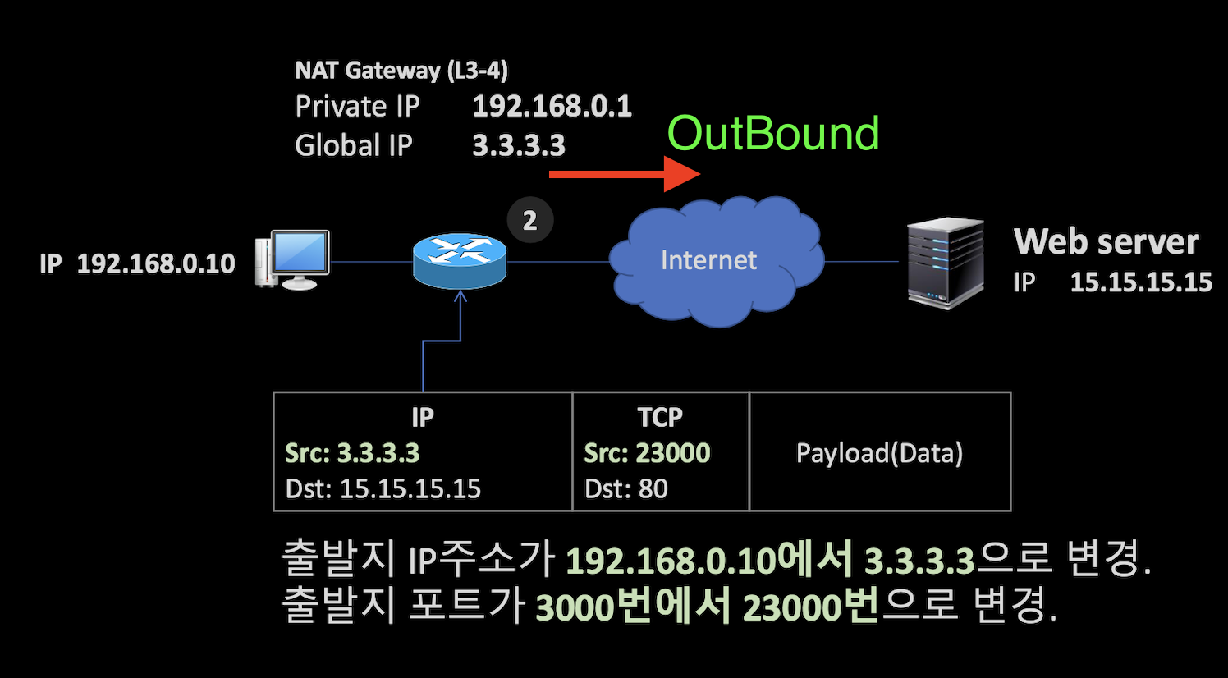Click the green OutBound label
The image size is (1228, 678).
coord(772,133)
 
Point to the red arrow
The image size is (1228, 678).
coord(624,174)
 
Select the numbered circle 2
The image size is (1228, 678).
coord(529,220)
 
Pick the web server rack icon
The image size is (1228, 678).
coord(945,263)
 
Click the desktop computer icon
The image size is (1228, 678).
coord(293,259)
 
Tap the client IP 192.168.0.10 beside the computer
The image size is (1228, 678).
coord(156,263)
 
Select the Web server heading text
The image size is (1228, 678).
coord(1106,241)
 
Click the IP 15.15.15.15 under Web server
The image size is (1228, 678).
coord(1140,282)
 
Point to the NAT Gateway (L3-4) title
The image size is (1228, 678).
coord(401,71)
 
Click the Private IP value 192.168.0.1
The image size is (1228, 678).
coord(552,106)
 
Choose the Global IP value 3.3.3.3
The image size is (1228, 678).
coord(519,145)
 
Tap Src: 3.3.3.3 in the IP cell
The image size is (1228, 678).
coord(352,452)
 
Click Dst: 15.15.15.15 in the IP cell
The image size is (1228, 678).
coord(383,488)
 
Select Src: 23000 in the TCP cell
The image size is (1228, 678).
coord(647,452)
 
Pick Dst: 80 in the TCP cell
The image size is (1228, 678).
coord(625,488)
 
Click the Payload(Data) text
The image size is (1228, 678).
coord(879,453)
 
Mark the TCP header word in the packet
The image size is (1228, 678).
coord(660,417)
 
